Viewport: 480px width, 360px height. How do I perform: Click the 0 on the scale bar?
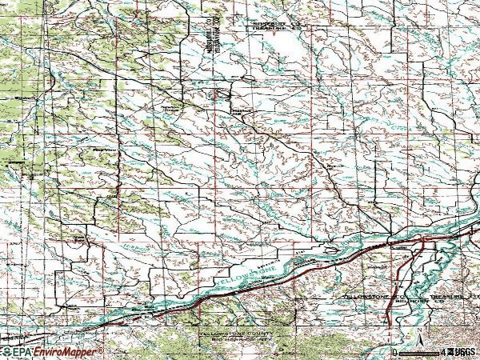click(x=395, y=352)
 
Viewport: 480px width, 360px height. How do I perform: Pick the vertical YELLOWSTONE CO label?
click(x=215, y=32)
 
